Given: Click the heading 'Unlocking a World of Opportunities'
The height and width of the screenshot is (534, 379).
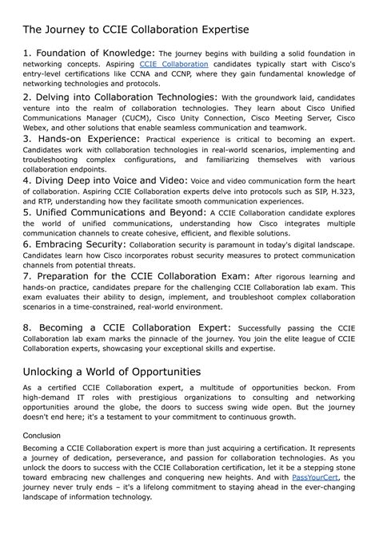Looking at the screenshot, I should coord(112,371).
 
